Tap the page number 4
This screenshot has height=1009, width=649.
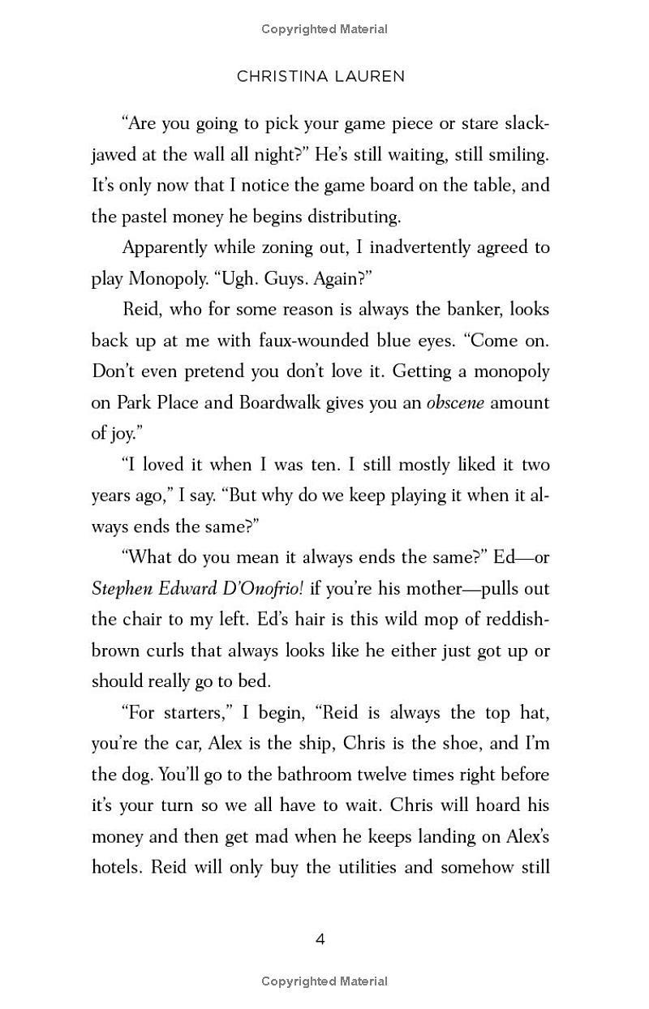click(320, 939)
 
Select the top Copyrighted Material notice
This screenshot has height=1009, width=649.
click(324, 29)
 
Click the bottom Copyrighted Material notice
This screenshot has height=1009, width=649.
click(324, 981)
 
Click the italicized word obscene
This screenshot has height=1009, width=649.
click(455, 402)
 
